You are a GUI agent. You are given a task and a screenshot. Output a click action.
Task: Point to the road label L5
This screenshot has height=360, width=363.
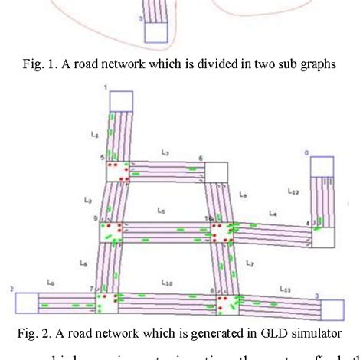pos(160,208)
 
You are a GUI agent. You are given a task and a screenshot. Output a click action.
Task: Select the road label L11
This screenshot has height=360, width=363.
pos(285,290)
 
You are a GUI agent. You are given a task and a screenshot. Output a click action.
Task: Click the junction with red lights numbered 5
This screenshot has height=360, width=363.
pos(117,171)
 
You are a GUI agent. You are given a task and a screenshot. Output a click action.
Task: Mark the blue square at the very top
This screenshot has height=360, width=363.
pos(155,31)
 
